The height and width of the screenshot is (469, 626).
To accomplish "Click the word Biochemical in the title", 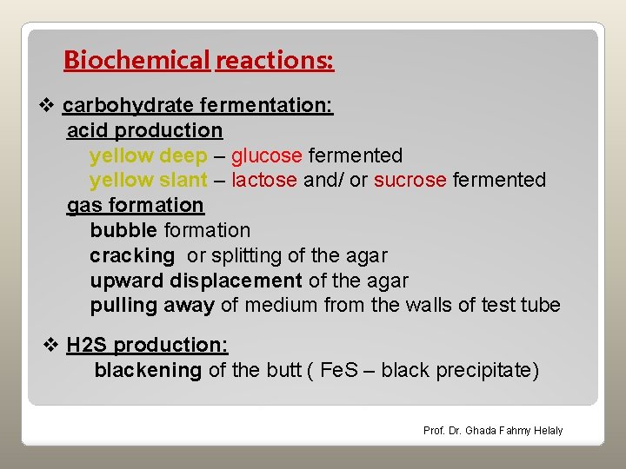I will [x=137, y=61].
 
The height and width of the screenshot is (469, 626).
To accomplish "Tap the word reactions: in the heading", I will [x=275, y=61].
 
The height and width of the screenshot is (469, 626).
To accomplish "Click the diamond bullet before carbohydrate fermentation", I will [x=49, y=106].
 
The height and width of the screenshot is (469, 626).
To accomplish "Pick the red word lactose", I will [x=264, y=181].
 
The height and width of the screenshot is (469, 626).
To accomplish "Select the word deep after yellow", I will [x=183, y=156].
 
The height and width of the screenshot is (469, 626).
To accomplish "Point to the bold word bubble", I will [x=123, y=230].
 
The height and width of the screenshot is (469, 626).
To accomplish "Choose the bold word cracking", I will [x=132, y=255].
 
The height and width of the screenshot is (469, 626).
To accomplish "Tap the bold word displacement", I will [x=236, y=281].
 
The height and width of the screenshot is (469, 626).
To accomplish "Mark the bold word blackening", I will [x=148, y=371].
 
